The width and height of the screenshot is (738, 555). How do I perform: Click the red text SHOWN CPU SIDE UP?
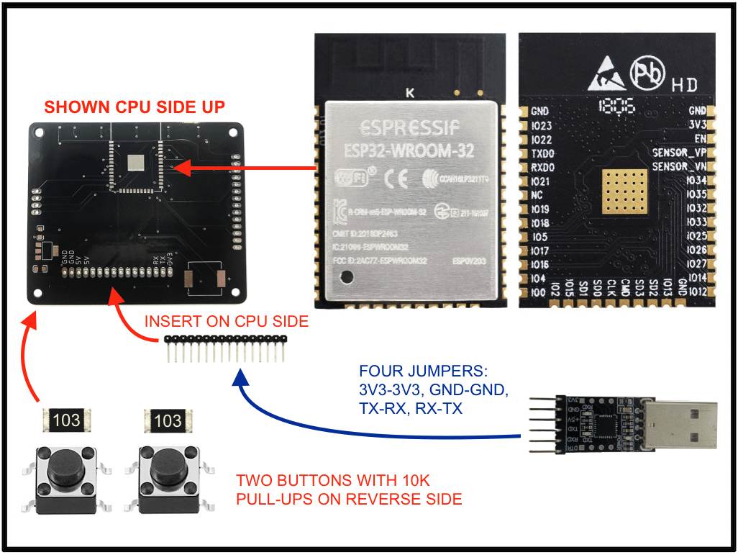(x=135, y=107)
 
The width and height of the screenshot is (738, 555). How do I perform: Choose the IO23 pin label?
(x=542, y=126)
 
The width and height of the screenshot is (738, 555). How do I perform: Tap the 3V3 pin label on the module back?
(x=696, y=125)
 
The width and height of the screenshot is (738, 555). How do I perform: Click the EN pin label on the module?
(x=699, y=139)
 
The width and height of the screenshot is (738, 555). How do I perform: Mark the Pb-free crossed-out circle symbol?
(x=645, y=72)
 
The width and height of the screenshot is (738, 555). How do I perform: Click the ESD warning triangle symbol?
(x=605, y=74)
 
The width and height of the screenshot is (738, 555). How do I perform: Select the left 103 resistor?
(x=67, y=420)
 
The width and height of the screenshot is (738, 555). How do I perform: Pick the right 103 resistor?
(x=168, y=420)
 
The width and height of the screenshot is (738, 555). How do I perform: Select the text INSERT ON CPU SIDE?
(x=227, y=322)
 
